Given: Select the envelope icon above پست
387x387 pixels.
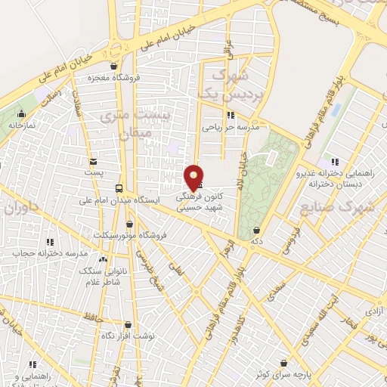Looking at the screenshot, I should (x=93, y=162).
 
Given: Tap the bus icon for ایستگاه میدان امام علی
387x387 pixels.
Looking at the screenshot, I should (x=118, y=188).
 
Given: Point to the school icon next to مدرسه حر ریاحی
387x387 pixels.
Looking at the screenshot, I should (x=231, y=116).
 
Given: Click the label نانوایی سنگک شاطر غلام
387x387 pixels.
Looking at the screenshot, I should (x=95, y=277).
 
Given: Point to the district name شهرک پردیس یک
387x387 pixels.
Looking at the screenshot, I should (x=219, y=85).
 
